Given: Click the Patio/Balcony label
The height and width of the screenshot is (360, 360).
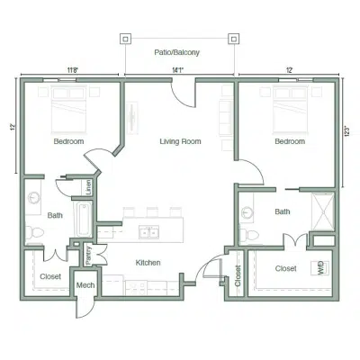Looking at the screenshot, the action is coord(176,52).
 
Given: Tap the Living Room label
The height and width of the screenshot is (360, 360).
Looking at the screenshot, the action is coord(180,141).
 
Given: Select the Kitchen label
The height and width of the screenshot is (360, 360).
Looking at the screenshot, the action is coord(148,263).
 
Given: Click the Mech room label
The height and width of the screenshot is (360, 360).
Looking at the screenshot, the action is coord(85,285).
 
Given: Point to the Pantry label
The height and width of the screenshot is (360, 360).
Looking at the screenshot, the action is coord(88,256).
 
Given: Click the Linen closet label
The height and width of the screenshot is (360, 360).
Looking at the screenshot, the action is coord(88,187).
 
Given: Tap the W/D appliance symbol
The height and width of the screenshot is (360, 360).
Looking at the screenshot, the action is coord(319,268).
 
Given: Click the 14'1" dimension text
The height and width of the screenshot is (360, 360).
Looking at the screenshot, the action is coord(177,70).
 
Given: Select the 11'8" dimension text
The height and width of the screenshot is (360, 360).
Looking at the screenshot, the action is coord(72,70).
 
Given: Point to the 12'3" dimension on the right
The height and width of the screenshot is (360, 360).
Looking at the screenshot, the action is coord(347,131).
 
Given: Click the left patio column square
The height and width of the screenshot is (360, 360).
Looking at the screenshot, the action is coord(125,39).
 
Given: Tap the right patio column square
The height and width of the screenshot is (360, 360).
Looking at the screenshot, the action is coord(233,39).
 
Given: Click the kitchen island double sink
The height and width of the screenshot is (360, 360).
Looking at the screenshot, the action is coord(149,232).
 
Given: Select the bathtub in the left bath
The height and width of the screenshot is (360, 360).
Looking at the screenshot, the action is coord(83,219).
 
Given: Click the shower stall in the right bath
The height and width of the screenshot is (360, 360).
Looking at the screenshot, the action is coord(323,211).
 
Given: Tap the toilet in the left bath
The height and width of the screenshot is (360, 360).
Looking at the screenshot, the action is coord(34,232).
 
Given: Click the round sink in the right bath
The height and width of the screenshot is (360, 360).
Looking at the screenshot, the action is coord(247,212).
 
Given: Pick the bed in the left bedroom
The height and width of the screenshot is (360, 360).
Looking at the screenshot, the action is coord(68,110).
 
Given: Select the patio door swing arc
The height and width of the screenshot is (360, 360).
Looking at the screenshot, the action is coord(182,97).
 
